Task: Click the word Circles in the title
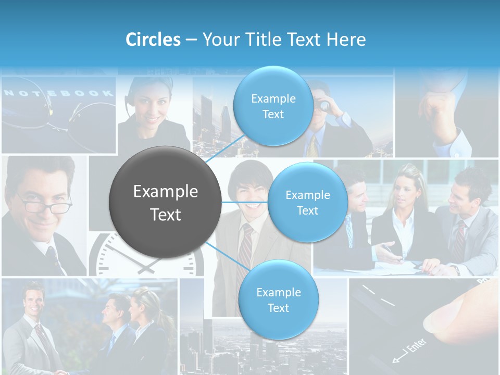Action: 153,40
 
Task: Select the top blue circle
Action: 273,106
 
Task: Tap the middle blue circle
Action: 307,203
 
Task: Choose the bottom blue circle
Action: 278,300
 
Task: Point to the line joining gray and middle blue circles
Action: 245,202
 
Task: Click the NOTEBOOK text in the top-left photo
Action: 58,94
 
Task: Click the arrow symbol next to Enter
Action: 398,358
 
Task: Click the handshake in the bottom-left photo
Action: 61,372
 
